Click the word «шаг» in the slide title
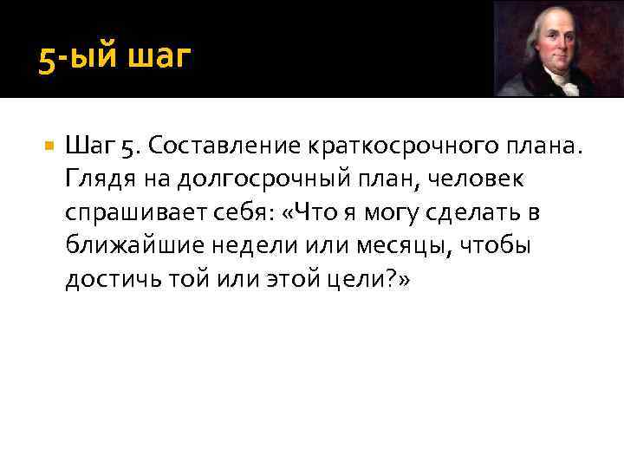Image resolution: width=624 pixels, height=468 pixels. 159,61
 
